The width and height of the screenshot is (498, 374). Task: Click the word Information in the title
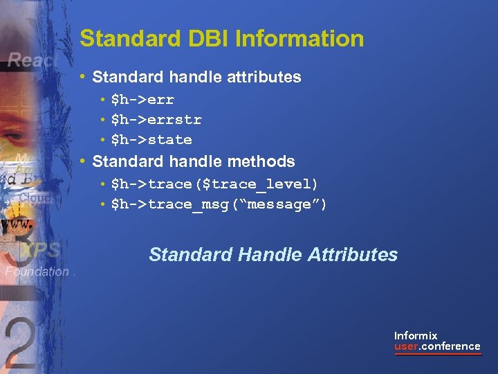coord(299,39)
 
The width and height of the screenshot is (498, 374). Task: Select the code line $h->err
coord(142,100)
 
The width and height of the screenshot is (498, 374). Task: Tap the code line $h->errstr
coord(156,120)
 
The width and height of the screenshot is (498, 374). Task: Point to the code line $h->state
coord(151,140)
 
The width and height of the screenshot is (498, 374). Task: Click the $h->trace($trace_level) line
coord(214,184)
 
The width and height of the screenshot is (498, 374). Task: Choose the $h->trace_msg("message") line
coord(219,204)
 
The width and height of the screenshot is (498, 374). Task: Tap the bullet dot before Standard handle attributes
coord(83,77)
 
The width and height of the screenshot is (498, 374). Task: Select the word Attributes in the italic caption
coord(353,255)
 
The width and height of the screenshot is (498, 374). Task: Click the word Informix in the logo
coord(416,335)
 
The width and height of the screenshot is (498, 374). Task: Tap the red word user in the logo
coord(406,346)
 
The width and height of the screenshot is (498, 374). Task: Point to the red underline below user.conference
coord(437,355)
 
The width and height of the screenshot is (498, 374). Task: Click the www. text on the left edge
coord(17,226)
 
